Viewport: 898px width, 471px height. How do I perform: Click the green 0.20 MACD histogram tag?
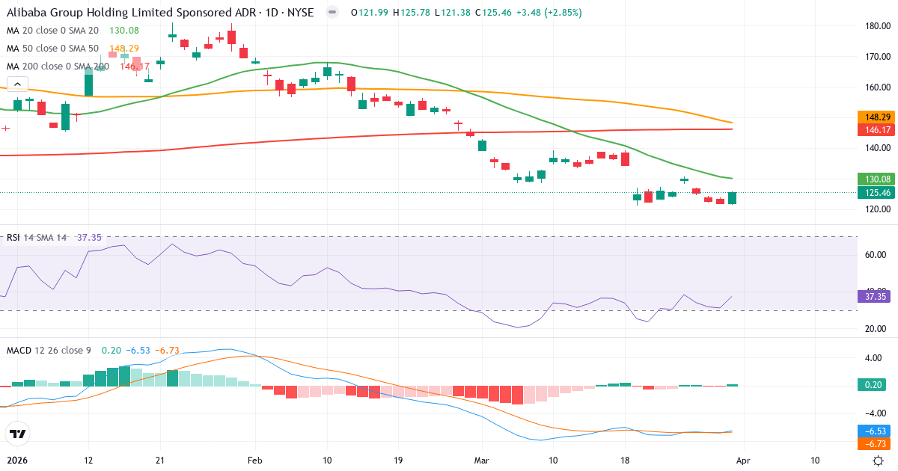pyautogui.click(x=873, y=385)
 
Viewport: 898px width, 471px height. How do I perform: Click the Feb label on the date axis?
pyautogui.click(x=255, y=461)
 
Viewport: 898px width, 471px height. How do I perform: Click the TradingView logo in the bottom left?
pyautogui.click(x=17, y=434)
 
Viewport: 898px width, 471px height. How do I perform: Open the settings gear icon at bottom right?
pyautogui.click(x=880, y=461)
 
